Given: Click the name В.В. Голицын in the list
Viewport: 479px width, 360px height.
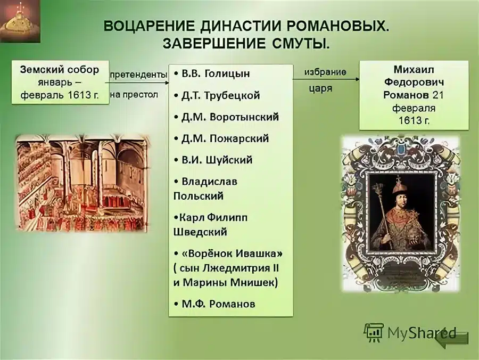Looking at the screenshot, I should coord(215,73).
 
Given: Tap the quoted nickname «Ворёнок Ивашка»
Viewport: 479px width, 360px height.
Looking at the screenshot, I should coord(232,253).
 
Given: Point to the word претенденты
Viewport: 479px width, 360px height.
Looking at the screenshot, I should coord(138,75).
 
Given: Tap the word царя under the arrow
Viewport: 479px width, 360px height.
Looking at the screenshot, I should coord(320,89).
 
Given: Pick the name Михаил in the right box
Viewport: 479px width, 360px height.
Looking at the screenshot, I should coord(413,71).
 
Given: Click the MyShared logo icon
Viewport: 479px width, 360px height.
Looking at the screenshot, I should coord(373,332).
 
